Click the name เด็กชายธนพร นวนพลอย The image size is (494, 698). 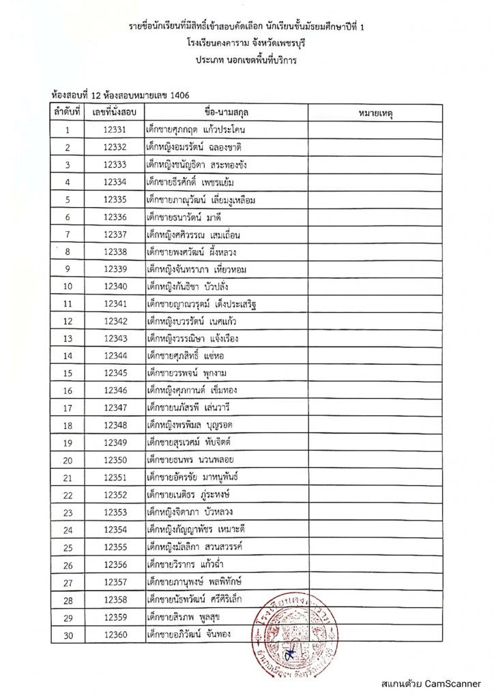(186, 461)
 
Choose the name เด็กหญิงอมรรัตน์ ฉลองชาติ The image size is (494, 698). (194, 147)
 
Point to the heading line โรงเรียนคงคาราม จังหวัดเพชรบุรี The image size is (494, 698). (246, 43)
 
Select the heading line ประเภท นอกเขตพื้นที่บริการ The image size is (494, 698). (246, 59)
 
